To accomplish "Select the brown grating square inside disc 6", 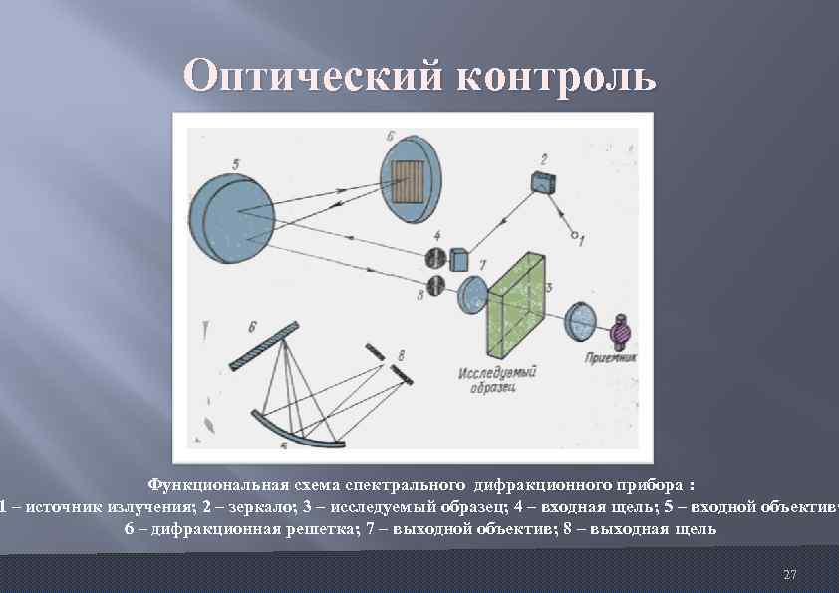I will pos(408,182).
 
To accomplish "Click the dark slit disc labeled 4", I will pos(435,259).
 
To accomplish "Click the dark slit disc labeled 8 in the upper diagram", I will pos(435,288).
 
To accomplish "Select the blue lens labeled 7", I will pos(471,295).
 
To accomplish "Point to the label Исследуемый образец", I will pos(498,380).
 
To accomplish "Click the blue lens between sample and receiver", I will pos(581,320).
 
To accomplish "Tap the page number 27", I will pos(790,575).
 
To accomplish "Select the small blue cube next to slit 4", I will pos(459,258).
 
